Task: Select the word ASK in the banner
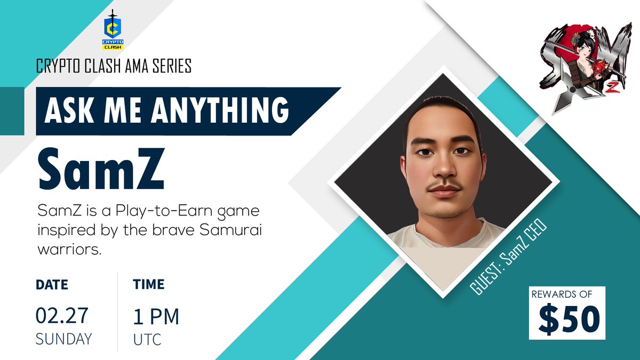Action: pyautogui.click(x=66, y=110)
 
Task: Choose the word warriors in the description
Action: pyautogui.click(x=69, y=250)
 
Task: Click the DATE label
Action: pyautogui.click(x=52, y=285)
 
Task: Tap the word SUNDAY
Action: pyautogui.click(x=63, y=339)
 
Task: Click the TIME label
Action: pyautogui.click(x=149, y=285)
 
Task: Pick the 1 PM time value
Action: pyautogui.click(x=156, y=317)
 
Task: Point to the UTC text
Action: pyautogui.click(x=147, y=339)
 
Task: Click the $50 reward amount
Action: pyautogui.click(x=569, y=319)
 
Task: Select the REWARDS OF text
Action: pyautogui.click(x=567, y=294)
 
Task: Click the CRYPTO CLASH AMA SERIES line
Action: pyautogui.click(x=114, y=67)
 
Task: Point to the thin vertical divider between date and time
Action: pyautogui.click(x=118, y=312)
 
